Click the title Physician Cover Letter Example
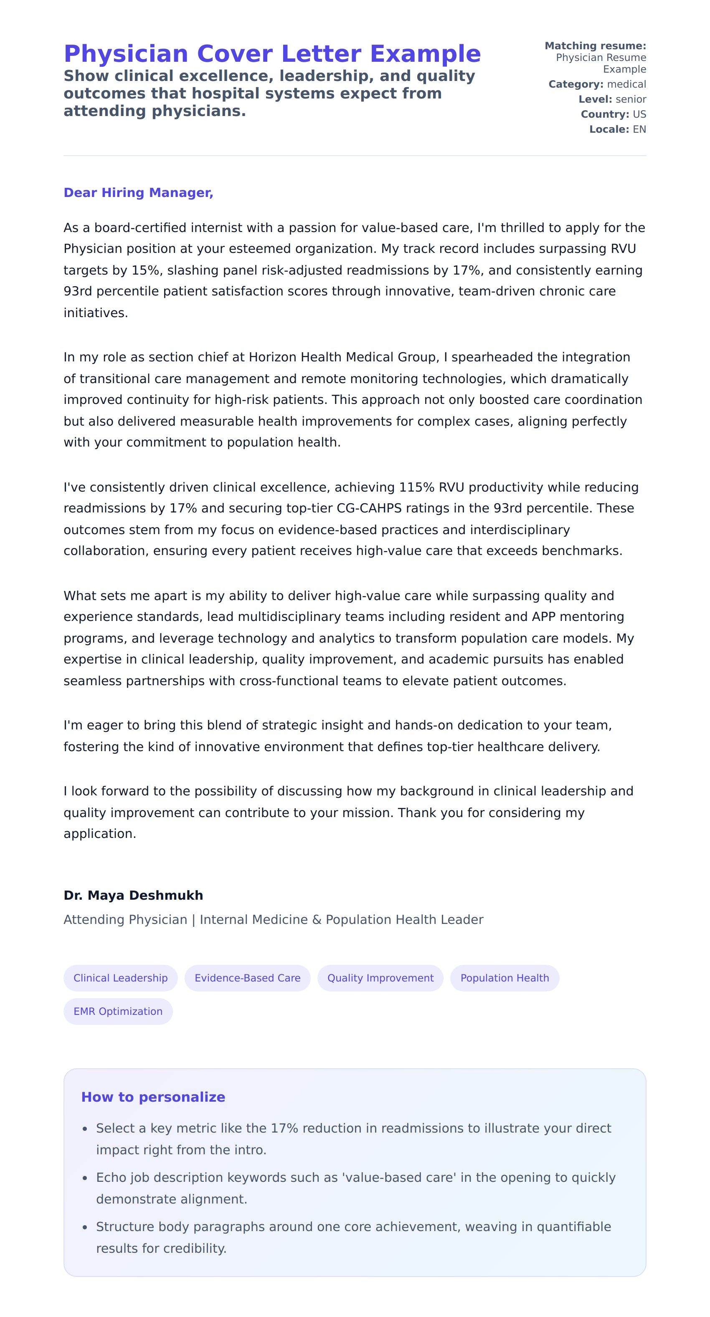tap(271, 54)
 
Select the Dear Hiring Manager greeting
tap(138, 193)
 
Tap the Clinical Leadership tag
tap(120, 978)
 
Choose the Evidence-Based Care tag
tap(247, 978)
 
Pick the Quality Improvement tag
tap(380, 978)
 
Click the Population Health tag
tap(505, 978)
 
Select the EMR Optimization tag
tap(118, 1011)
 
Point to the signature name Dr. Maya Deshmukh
tap(133, 895)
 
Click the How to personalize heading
tap(153, 1097)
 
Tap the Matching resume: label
tap(595, 46)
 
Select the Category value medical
tap(626, 84)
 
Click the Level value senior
tap(631, 99)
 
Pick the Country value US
tap(639, 114)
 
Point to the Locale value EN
tap(639, 129)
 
